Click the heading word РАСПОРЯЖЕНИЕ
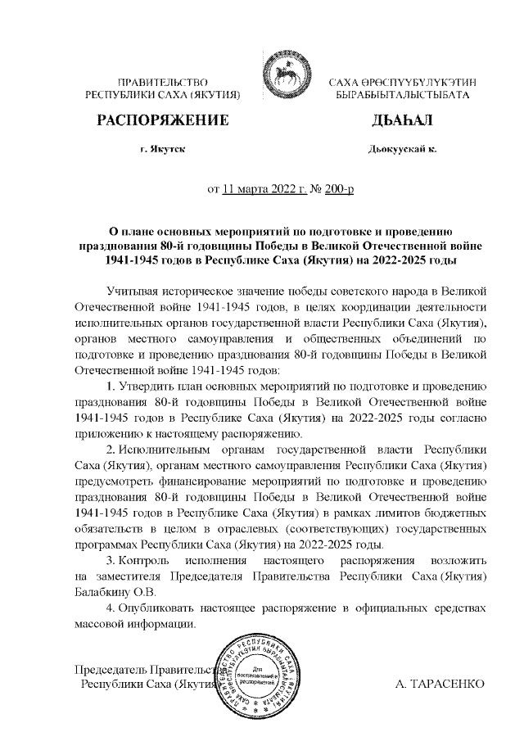tap(162, 122)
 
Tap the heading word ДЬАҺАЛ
tap(402, 122)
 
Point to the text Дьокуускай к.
tap(403, 151)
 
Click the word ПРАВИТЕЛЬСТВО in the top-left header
tap(162, 84)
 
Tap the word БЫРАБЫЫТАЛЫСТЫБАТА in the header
tap(402, 96)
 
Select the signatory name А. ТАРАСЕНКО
tap(440, 683)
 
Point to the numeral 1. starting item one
tap(111, 385)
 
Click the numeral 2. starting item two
tap(111, 451)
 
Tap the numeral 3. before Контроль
tap(111, 561)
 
